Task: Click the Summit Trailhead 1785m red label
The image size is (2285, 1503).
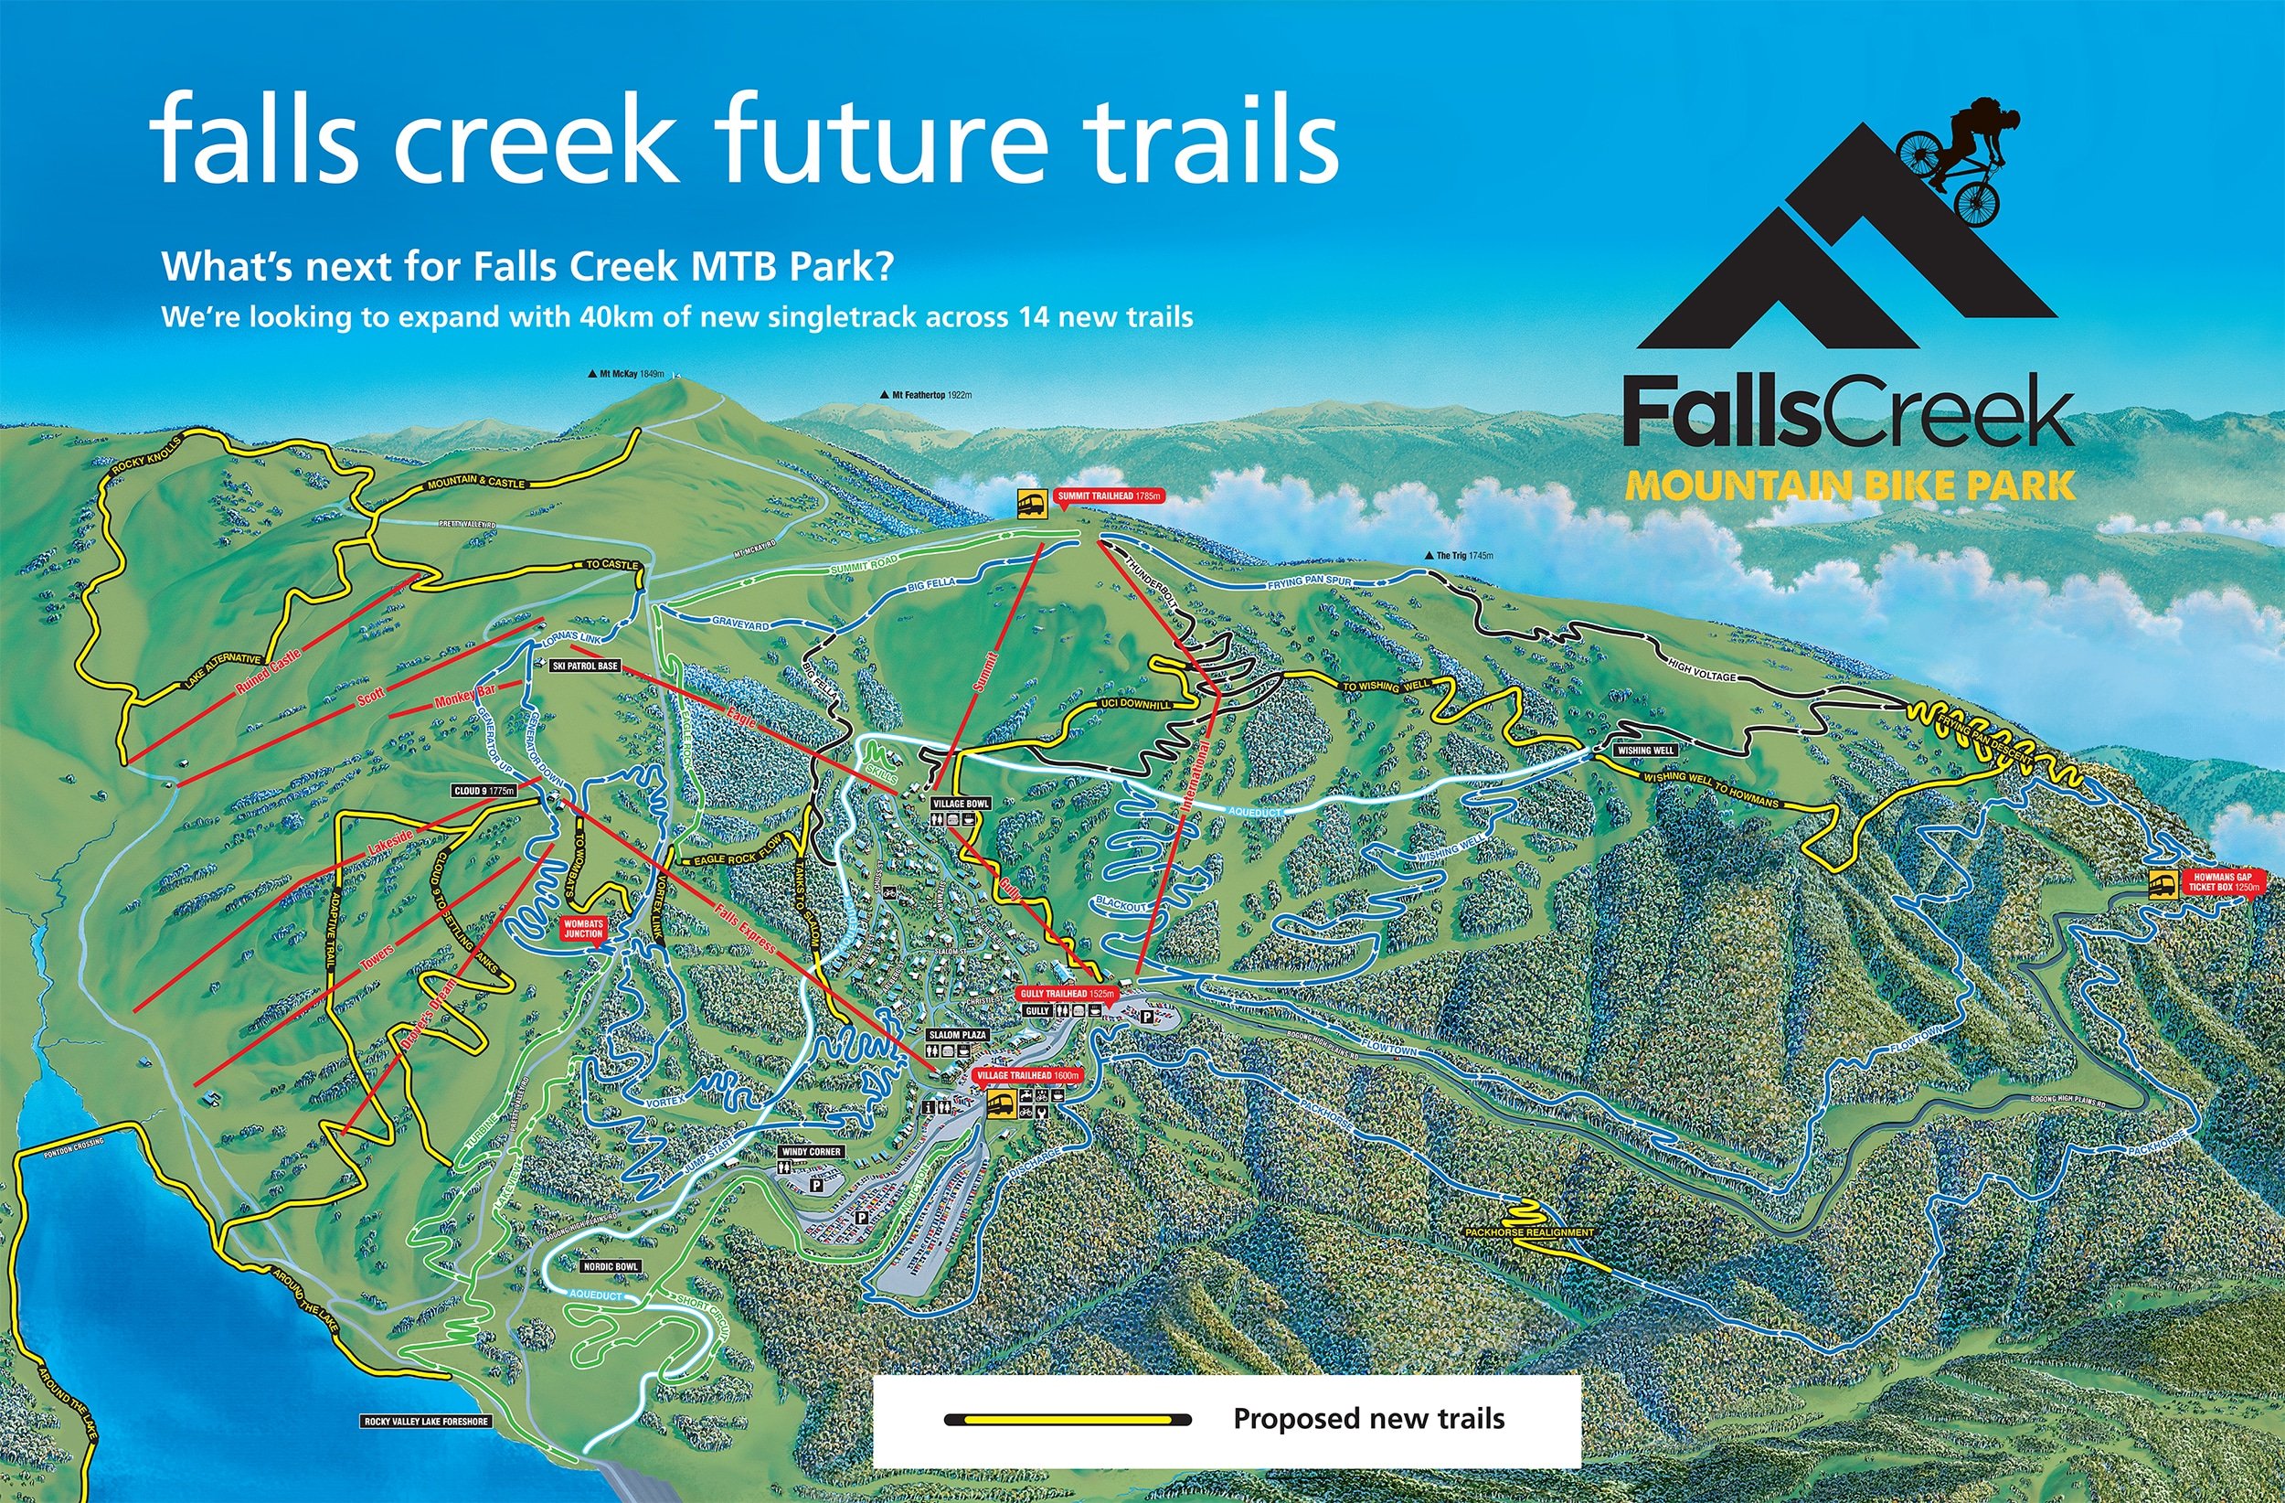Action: pyautogui.click(x=1109, y=496)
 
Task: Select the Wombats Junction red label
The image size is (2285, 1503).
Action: pyautogui.click(x=584, y=929)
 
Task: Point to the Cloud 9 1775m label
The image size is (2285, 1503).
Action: pyautogui.click(x=484, y=792)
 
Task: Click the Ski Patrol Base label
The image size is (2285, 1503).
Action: pyautogui.click(x=585, y=666)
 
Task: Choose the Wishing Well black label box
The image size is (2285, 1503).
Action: pyautogui.click(x=1646, y=750)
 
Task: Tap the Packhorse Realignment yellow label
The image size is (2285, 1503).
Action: pyautogui.click(x=1529, y=1232)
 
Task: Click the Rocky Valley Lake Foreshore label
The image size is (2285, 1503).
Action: pyautogui.click(x=426, y=1422)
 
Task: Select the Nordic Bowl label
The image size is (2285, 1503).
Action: pyautogui.click(x=611, y=1267)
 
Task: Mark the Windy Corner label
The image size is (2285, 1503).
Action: pyautogui.click(x=812, y=1152)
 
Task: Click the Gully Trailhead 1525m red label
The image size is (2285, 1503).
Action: pyautogui.click(x=1067, y=994)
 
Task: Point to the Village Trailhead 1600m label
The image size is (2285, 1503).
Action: pyautogui.click(x=1028, y=1076)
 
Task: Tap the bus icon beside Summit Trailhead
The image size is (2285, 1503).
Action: pyautogui.click(x=1032, y=503)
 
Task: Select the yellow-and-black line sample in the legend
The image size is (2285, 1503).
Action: pyautogui.click(x=1068, y=1420)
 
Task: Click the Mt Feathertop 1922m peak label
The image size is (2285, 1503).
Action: pyautogui.click(x=927, y=395)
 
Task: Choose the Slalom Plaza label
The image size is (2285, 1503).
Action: pyautogui.click(x=957, y=1035)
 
